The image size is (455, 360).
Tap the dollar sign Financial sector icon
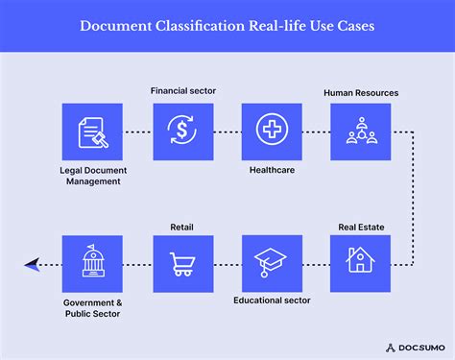182,131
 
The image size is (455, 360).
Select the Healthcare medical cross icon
272,131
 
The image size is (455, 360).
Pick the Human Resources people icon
361,131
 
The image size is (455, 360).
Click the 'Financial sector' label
182,90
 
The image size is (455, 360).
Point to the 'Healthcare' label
272,171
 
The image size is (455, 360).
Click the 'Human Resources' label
361,93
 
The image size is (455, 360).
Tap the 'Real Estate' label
361,227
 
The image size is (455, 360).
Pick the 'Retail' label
182,227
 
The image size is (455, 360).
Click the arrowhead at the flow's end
32,262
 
